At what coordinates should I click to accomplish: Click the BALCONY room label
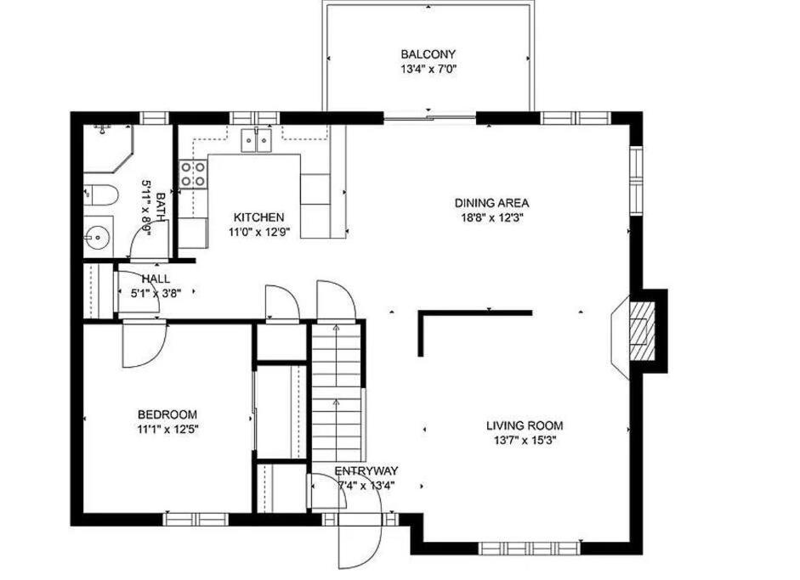428,54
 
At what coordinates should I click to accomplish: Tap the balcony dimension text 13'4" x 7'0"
428,69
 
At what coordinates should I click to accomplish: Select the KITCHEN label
258,217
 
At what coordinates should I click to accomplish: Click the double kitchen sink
256,141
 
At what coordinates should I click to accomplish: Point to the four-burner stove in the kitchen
193,174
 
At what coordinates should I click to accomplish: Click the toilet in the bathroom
101,194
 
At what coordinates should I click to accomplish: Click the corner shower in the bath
108,149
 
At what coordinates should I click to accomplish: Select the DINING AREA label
491,203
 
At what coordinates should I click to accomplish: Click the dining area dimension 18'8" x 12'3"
491,218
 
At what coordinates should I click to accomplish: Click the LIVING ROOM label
525,425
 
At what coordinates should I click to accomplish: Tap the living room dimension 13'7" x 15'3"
525,441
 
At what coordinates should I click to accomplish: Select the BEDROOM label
167,414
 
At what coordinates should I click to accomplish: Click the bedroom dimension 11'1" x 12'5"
167,429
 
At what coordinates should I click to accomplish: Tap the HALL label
156,279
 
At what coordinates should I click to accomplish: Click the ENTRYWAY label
366,471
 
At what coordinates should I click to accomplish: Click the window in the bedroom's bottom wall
196,519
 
